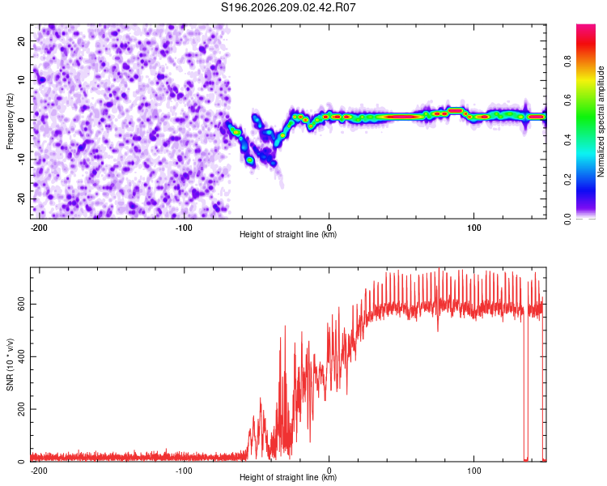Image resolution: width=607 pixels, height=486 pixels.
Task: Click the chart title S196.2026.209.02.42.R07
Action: coord(288,7)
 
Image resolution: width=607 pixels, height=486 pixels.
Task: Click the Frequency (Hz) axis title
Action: coord(10,122)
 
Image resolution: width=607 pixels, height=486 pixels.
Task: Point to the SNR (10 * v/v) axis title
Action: coord(10,364)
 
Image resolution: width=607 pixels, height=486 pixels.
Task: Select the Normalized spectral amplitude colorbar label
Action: coord(601,122)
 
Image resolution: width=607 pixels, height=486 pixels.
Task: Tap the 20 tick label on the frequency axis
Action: coord(21,41)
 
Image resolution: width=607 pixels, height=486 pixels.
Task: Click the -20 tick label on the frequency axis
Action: coord(21,199)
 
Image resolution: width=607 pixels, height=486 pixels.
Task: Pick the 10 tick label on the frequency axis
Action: coord(21,81)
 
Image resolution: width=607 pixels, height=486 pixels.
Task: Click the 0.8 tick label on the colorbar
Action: coord(567,62)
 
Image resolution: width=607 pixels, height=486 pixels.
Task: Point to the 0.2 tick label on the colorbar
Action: coord(567,180)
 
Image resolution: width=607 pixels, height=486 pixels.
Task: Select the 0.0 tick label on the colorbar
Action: coord(567,219)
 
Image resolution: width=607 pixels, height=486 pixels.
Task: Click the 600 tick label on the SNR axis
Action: coord(21,305)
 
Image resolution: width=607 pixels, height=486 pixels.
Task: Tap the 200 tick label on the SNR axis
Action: coord(21,409)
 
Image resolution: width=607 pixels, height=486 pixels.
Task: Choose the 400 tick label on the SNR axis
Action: coord(21,356)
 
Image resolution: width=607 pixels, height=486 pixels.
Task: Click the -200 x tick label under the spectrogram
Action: coord(39,228)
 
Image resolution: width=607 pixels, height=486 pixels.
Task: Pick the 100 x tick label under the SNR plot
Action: coord(473,471)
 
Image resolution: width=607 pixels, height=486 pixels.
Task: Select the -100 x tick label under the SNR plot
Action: coord(184,471)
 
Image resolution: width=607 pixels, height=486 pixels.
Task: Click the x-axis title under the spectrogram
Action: coord(288,234)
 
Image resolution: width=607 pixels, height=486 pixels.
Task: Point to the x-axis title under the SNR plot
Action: coord(288,477)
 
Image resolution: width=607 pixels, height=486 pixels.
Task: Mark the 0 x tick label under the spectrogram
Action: coord(329,228)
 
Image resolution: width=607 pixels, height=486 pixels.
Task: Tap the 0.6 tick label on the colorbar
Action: coord(567,100)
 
